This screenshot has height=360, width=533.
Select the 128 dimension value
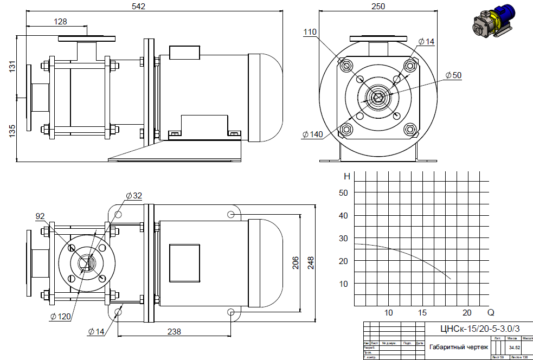click(60, 22)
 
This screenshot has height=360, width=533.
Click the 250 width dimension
click(378, 7)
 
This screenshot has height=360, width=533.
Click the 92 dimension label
click(40, 216)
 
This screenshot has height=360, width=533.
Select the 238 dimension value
click(174, 331)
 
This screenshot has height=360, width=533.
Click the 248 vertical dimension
click(311, 263)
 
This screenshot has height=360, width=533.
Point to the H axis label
click(347, 177)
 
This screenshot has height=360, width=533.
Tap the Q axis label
click(491, 313)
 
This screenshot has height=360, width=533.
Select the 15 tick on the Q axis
click(423, 313)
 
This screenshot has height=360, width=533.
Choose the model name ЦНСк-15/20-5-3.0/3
click(480, 329)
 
